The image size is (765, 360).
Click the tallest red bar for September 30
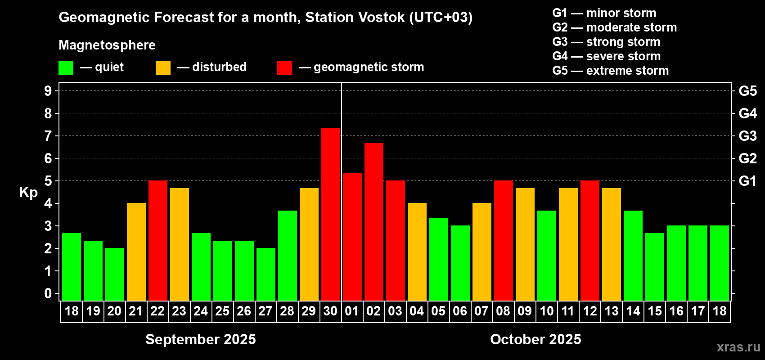[331, 214]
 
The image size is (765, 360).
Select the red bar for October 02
[374, 222]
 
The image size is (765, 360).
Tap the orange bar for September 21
[136, 252]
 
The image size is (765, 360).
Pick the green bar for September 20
[115, 274]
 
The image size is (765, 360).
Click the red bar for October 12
[590, 240]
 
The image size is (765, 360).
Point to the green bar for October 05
[438, 259]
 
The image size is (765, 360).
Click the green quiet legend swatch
[66, 67]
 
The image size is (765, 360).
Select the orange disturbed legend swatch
[163, 67]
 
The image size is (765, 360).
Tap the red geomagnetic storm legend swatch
[284, 67]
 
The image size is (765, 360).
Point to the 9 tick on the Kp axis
[48, 91]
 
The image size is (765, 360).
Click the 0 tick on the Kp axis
[48, 293]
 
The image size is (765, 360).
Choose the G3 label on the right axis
[748, 136]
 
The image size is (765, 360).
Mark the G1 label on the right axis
[748, 181]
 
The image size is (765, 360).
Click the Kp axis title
[28, 193]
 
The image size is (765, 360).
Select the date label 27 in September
[265, 311]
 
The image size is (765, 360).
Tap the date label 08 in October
[503, 311]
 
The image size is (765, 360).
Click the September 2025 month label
[200, 339]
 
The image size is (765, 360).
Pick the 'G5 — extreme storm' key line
[610, 70]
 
